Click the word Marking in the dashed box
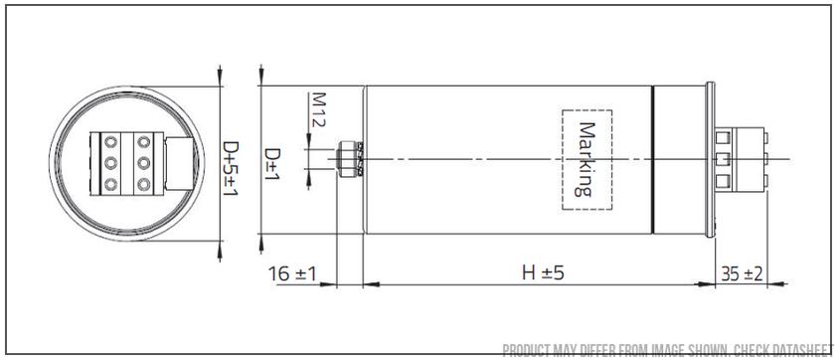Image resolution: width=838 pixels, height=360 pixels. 587,159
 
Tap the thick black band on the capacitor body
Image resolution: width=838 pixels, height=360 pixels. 652,159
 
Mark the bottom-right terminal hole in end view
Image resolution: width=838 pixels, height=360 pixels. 145,183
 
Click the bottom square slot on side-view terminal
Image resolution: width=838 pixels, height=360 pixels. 723,180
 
